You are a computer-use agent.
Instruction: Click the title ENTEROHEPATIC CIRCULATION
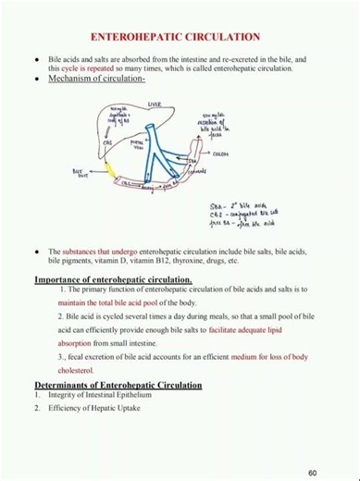pyautogui.click(x=180, y=37)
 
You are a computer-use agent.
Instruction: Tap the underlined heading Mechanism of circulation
pyautogui.click(x=96, y=80)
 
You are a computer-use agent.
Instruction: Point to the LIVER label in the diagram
pyautogui.click(x=154, y=105)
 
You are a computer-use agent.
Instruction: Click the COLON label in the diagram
pyautogui.click(x=219, y=154)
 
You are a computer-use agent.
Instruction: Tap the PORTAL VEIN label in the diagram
pyautogui.click(x=139, y=146)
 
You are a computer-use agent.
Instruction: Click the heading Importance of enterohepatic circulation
pyautogui.click(x=113, y=279)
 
